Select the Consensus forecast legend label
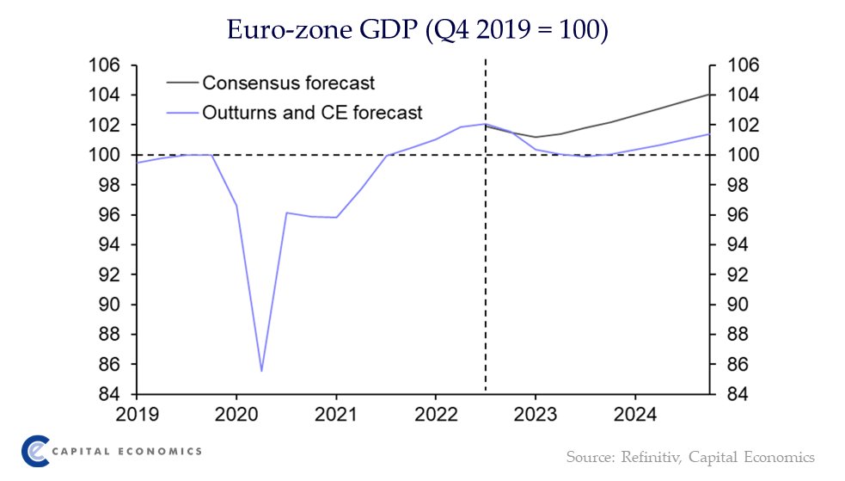[x=288, y=83]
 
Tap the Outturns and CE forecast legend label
[x=312, y=112]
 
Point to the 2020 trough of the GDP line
[x=261, y=371]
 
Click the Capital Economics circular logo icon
[x=37, y=451]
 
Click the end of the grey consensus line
[x=709, y=94]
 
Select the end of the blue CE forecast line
[x=709, y=133]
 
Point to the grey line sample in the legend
[x=181, y=83]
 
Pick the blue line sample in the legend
[x=181, y=112]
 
